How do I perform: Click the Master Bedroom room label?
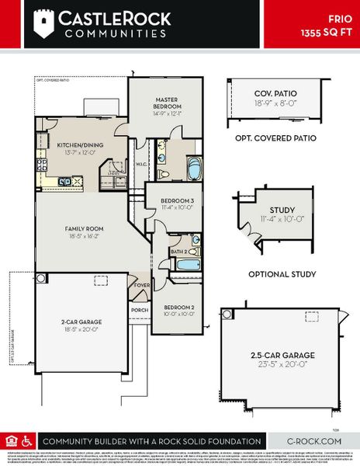pos(167,103)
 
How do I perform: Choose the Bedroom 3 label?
pos(175,203)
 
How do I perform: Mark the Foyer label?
pos(143,285)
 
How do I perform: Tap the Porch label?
pos(140,311)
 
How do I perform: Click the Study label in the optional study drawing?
pos(282,214)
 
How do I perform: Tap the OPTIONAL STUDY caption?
pos(282,274)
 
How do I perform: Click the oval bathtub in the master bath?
pos(191,167)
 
